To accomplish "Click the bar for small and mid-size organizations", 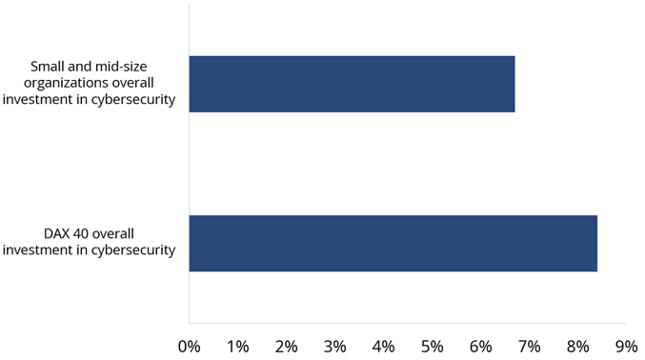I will [x=352, y=84].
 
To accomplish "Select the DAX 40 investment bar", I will [x=393, y=244].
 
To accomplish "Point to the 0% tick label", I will [x=190, y=346].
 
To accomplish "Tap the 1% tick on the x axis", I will [x=238, y=346].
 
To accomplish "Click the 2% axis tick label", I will [x=287, y=346].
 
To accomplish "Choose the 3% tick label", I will [x=335, y=346].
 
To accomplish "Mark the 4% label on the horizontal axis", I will [x=384, y=346].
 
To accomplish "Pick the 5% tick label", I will [x=433, y=346].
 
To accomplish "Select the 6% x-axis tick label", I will [x=481, y=346].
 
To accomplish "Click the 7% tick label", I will [x=530, y=346].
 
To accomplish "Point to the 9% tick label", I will [x=626, y=346].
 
